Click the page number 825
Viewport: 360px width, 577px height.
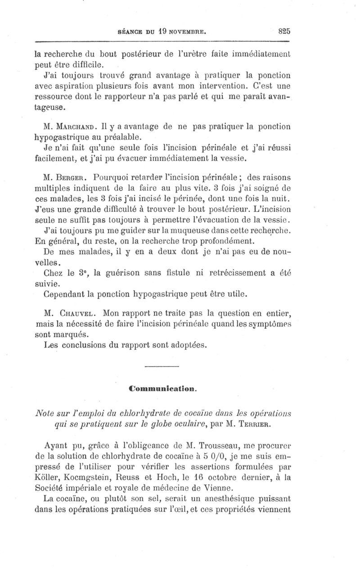tap(285, 31)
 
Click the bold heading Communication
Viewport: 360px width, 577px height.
tap(163, 387)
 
